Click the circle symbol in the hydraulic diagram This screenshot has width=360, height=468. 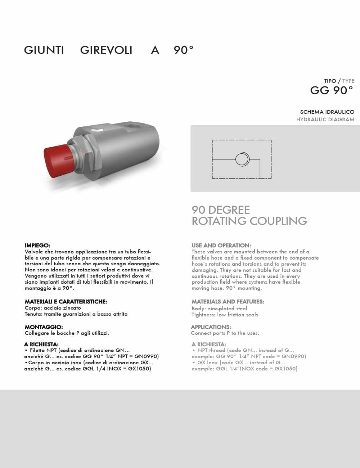tap(242, 159)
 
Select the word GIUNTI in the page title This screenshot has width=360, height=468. tap(44, 50)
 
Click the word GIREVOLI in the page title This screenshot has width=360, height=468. tap(106, 50)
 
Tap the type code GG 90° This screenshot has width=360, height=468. tap(332, 90)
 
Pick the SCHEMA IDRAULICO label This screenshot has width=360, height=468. tap(327, 112)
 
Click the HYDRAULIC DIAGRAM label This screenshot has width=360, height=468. tap(325, 120)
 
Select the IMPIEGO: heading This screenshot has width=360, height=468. tap(37, 246)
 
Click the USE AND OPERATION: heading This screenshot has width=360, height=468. tap(221, 246)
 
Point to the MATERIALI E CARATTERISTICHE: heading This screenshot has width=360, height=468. tap(66, 302)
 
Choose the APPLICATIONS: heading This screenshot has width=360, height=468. tap(211, 327)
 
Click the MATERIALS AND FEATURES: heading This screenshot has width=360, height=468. tap(228, 302)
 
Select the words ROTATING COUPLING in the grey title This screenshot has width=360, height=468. tap(249, 221)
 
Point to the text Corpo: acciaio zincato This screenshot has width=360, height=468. tap(53, 308)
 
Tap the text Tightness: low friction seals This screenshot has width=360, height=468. tap(225, 315)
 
